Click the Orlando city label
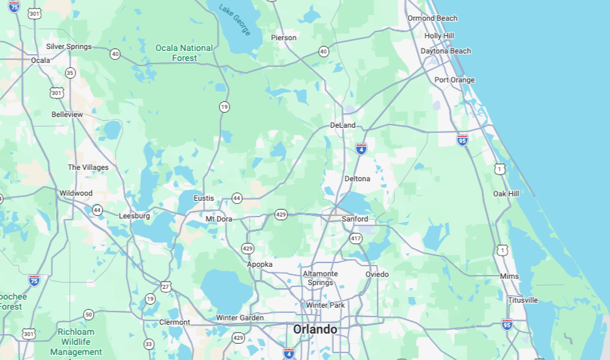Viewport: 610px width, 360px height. coord(315,329)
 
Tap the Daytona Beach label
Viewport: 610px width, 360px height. coord(445,51)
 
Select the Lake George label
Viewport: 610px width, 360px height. coord(235,20)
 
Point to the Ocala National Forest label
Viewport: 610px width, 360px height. coord(184,53)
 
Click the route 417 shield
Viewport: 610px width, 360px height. coord(356,239)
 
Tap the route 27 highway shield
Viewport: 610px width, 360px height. coord(165,286)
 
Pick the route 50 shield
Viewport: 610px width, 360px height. coord(89,314)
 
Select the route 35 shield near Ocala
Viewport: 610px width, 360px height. coord(70,73)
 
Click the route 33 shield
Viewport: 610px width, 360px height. coord(148,344)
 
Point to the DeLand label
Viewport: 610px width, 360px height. coord(343,125)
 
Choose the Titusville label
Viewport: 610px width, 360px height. coord(523,300)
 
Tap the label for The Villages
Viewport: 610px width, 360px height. coord(88,167)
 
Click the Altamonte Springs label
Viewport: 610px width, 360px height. coord(320,278)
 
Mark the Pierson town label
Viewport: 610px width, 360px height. coord(284,38)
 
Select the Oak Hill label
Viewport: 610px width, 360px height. coord(506,193)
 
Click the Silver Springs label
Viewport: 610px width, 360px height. coord(69,47)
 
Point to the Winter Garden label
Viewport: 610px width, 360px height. coord(240,318)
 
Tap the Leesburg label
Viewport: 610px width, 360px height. coord(135,216)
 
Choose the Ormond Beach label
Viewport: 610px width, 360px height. coord(433,18)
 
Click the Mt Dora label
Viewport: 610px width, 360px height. coord(219,218)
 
